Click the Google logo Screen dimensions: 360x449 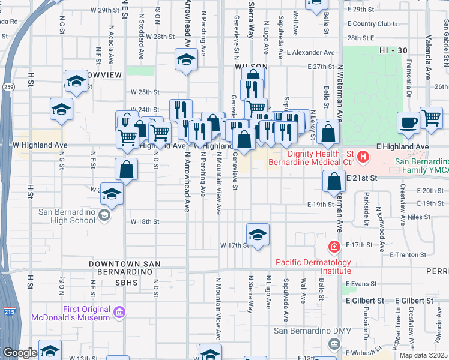(20, 353)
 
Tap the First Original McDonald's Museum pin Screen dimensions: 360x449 (118, 311)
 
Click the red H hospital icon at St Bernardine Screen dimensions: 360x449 (363, 158)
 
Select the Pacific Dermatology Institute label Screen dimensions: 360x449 (313, 266)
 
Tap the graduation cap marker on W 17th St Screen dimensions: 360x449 (258, 235)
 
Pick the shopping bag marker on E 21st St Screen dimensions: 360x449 (334, 181)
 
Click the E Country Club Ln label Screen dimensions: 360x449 (372, 24)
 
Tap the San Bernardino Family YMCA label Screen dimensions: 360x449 (421, 167)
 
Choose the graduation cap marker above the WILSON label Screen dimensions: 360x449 (187, 59)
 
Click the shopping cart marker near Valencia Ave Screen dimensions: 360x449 (431, 118)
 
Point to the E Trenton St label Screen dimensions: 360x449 (408, 254)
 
